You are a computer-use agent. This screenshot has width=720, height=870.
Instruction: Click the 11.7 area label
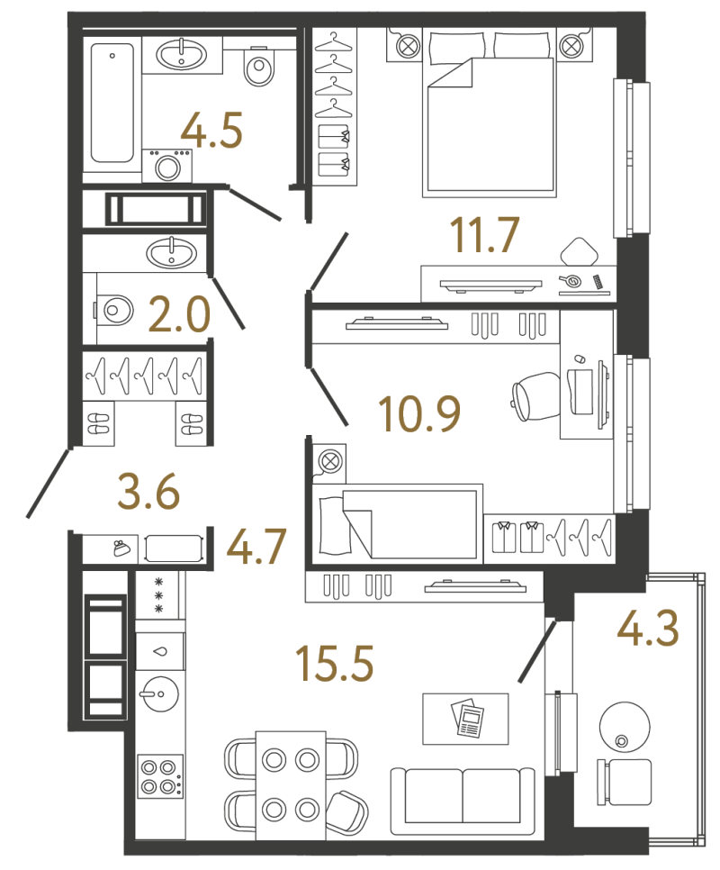click(484, 235)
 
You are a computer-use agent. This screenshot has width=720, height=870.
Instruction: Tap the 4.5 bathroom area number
click(211, 131)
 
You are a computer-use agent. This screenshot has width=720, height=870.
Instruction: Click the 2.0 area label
click(180, 314)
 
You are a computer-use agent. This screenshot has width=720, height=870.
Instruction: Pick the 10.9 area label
click(419, 414)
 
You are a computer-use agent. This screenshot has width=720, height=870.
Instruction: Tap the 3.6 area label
click(148, 491)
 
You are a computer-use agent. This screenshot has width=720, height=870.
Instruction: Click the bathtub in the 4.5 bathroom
click(112, 104)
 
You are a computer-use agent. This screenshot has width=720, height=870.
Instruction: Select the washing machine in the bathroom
click(167, 166)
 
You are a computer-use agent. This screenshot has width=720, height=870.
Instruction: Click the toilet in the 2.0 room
click(114, 310)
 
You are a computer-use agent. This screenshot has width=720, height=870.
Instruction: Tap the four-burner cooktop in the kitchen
click(160, 776)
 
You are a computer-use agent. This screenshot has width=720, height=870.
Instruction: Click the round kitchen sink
click(160, 693)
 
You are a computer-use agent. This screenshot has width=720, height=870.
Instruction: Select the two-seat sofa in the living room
click(463, 801)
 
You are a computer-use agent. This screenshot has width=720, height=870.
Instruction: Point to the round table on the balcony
click(625, 727)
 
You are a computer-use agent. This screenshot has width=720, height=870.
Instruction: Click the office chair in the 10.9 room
click(535, 396)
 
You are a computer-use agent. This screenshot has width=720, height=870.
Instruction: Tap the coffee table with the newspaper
click(465, 719)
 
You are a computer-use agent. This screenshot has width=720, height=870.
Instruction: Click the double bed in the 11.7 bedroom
click(489, 113)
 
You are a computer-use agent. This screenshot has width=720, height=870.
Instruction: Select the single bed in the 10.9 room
click(397, 524)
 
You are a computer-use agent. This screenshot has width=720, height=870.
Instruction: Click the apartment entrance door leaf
click(49, 483)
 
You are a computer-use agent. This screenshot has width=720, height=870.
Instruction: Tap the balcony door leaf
click(536, 652)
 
